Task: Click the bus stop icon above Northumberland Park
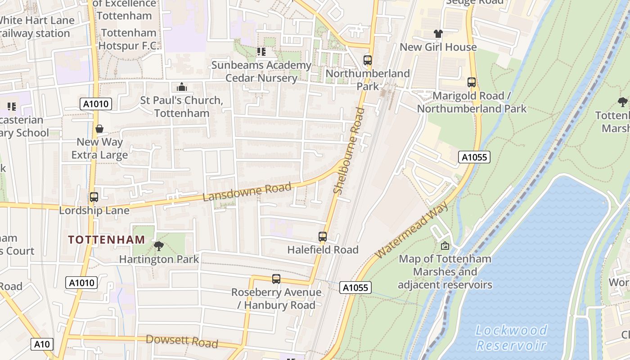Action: coord(368,60)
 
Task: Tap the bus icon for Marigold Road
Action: coord(472,82)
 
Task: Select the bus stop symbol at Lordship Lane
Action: coord(94,197)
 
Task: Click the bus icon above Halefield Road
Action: coord(322,236)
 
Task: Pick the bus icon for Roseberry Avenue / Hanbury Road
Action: coord(276,279)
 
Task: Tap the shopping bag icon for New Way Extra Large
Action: coord(99,129)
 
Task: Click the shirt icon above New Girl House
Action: coord(438,34)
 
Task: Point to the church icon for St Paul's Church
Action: coord(182,86)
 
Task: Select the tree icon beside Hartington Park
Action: coord(158,246)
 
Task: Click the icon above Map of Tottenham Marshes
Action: coord(445,245)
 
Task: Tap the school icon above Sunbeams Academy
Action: coord(261,52)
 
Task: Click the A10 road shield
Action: coord(42,344)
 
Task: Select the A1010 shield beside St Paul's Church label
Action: coord(96,104)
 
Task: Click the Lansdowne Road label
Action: coord(247,192)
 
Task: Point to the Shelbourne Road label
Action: coord(347,151)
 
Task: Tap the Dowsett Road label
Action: coord(182,341)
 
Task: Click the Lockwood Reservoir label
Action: coord(512,337)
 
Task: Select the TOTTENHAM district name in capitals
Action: coord(107,239)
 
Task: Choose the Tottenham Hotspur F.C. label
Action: coord(129,39)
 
